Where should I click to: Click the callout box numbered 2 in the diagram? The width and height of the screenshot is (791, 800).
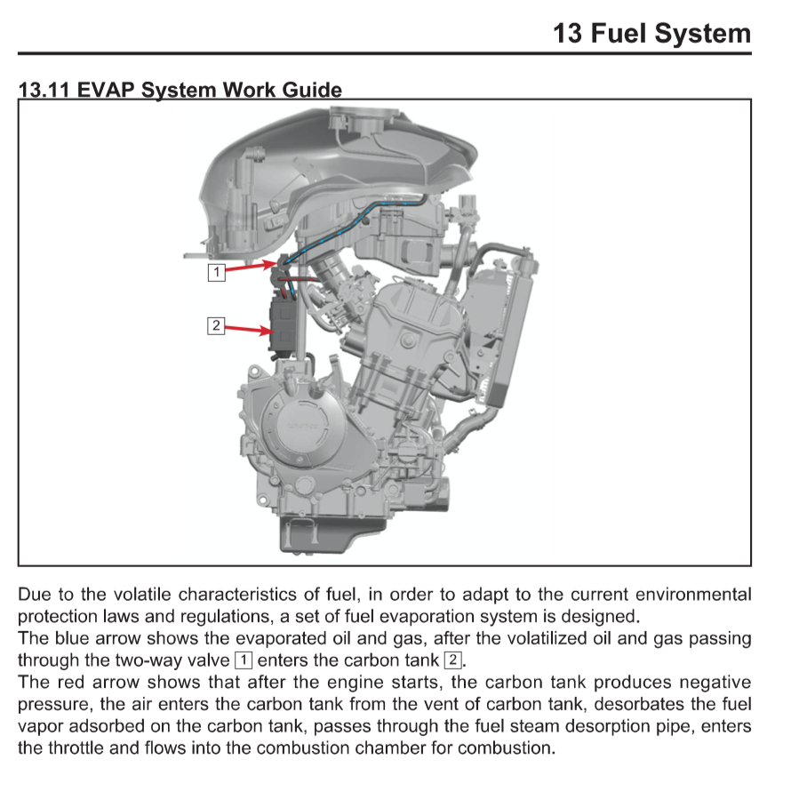pos(216,325)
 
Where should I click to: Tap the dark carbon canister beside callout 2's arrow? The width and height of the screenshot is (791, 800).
pos(284,324)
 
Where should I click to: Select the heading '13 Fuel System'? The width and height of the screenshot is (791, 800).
pos(651,34)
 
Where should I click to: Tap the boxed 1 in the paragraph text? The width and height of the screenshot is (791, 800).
pos(243,660)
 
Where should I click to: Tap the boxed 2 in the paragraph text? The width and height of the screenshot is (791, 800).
pos(452,660)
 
